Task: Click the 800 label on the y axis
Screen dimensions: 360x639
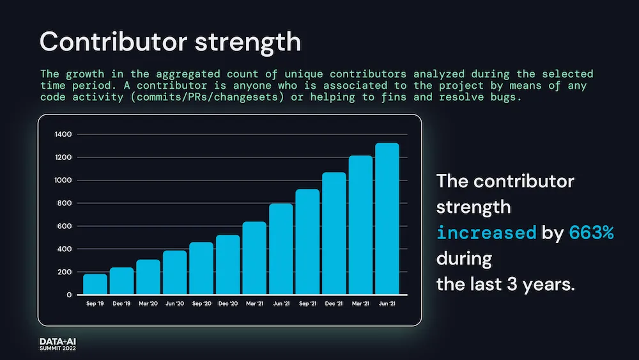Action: pos(65,203)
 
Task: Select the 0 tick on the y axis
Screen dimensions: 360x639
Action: pos(69,295)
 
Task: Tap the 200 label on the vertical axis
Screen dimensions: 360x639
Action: pos(65,272)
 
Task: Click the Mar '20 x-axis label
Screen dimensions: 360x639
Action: pos(148,304)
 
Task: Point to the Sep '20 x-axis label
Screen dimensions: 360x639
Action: pos(201,304)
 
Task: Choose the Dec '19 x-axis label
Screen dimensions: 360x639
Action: pos(121,304)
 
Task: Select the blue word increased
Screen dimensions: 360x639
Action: pos(486,233)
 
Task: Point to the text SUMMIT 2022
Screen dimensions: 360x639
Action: pos(58,350)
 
